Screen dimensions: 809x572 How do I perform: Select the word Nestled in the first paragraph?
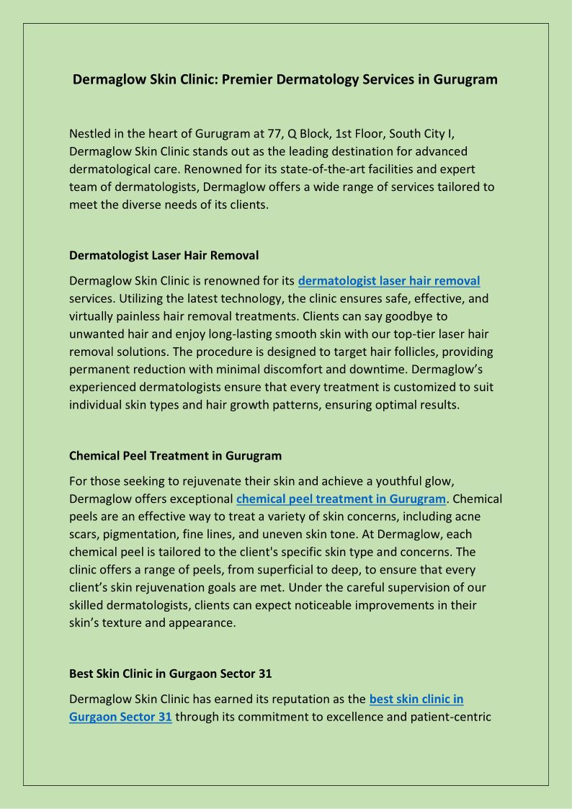pos(92,134)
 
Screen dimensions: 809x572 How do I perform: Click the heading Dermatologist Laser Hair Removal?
pos(164,255)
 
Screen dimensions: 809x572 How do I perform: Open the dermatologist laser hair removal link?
pos(389,281)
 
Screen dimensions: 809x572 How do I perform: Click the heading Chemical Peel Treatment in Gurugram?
pos(175,456)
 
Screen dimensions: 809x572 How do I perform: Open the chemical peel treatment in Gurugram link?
pos(341,499)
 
